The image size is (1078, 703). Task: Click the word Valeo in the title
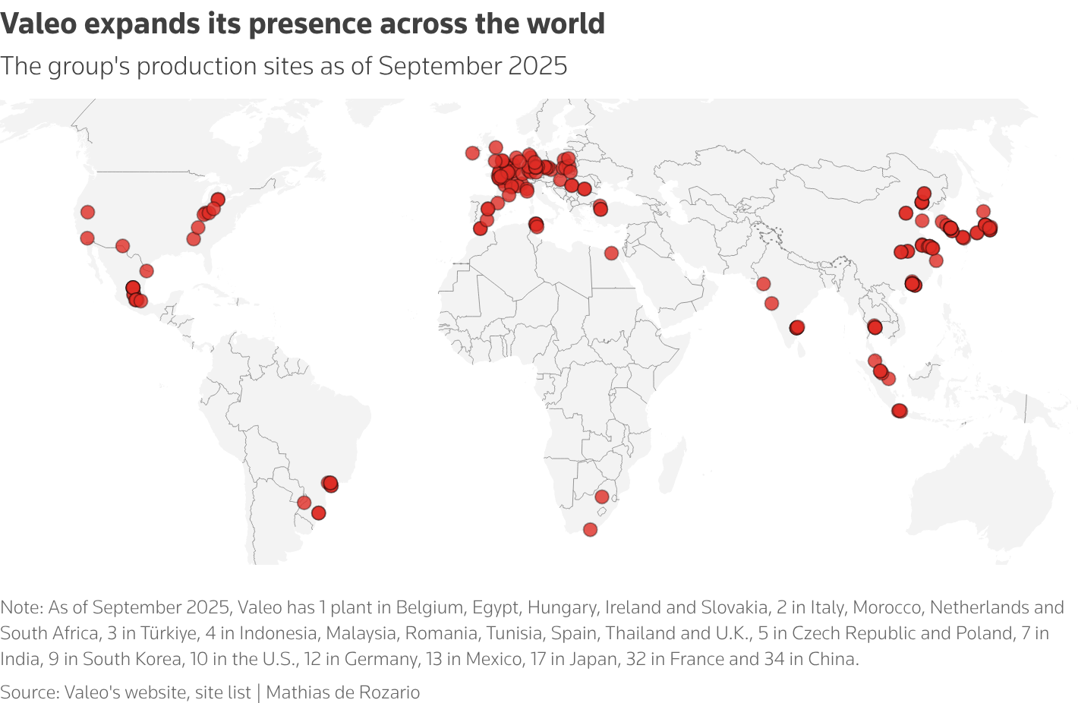point(39,24)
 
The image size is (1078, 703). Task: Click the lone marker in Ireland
point(472,153)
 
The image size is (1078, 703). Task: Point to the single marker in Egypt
point(611,253)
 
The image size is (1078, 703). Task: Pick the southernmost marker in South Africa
point(590,529)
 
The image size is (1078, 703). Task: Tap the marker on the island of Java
point(900,411)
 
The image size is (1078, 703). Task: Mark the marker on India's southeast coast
point(796,327)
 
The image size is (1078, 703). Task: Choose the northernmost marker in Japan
point(983,211)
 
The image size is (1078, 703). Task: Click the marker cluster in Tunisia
point(536,225)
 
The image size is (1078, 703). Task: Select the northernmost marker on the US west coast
point(87,212)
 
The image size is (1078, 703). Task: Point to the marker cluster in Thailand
point(874,327)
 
